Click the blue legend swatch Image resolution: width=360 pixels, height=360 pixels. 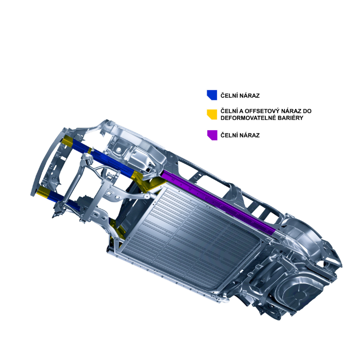point(212,95)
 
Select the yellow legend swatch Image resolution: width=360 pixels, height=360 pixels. point(212,114)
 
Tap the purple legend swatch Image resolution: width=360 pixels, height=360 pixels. point(212,135)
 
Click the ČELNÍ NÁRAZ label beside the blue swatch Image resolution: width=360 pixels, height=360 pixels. point(240,96)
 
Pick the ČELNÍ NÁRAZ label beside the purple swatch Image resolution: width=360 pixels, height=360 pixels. point(240,135)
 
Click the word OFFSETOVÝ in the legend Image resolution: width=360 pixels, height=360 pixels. point(261,111)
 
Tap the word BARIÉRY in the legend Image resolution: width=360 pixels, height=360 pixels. point(292,118)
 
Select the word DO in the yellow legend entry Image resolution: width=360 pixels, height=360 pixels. point(307,111)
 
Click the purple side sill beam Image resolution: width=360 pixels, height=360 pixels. point(218,202)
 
